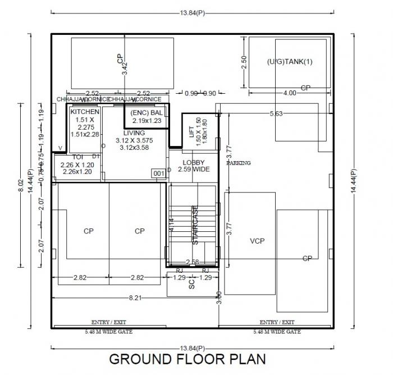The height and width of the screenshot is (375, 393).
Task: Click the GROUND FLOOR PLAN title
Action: [187, 359]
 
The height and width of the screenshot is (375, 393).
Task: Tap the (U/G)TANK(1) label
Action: [289, 62]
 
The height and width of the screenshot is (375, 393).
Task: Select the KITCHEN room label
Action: [85, 112]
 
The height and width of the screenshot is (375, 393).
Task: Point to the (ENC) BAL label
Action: [147, 113]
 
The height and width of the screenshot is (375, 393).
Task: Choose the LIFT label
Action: [191, 131]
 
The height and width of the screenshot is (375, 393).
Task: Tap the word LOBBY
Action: [193, 162]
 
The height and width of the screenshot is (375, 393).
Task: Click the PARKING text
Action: [239, 163]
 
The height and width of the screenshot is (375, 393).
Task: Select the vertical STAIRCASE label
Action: [195, 225]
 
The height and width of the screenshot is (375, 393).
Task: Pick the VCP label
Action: [257, 241]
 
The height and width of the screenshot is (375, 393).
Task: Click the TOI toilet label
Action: [77, 157]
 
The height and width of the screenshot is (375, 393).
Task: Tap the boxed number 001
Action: [159, 174]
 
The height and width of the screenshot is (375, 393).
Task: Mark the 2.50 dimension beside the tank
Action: [244, 62]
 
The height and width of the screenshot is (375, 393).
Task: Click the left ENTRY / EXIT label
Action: [108, 322]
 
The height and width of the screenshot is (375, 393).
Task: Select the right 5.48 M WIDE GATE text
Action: [277, 332]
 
